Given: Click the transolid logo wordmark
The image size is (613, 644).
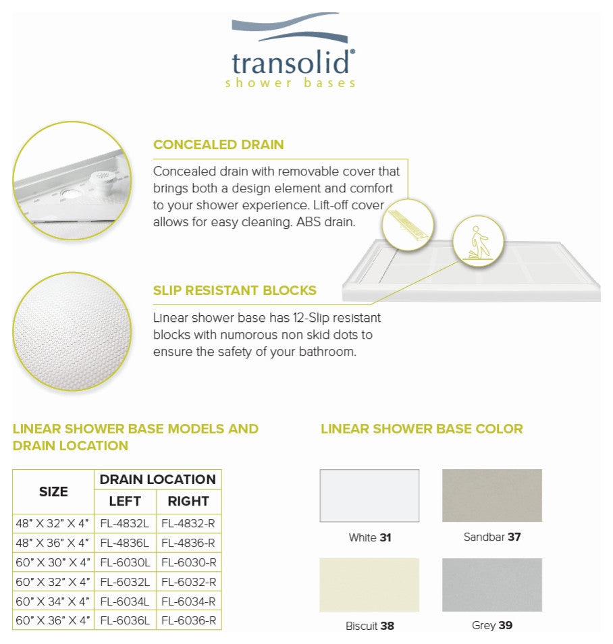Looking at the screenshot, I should point(292,62).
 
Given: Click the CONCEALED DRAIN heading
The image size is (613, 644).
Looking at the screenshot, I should point(218,144).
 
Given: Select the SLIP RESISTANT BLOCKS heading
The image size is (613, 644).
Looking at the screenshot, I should point(234,291).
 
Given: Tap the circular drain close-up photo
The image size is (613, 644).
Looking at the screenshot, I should point(72,180).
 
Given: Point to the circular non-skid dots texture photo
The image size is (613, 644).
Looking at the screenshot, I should point(72,331).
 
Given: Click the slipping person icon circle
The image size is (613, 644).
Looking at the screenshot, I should point(479,242).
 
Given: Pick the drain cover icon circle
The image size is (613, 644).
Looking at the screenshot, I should point(407,225).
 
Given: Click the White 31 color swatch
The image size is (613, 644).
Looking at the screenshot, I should point(369,495).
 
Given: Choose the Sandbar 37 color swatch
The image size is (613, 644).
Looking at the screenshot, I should point(491,495).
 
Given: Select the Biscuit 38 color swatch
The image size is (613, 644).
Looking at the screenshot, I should point(369,585).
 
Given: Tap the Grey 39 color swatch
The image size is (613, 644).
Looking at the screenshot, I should point(491,585).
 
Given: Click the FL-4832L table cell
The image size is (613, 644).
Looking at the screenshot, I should point(125,523).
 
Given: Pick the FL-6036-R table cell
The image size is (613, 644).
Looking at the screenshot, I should point(188,620).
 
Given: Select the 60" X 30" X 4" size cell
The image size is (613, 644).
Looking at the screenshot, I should point(53,562).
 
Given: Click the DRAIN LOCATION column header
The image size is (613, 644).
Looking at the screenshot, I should point(157,480).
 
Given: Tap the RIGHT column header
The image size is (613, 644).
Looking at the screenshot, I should point(188,502).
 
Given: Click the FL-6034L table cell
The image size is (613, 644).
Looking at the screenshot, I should point(125,601).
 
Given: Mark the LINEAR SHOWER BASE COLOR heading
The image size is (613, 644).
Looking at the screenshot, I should point(421,429).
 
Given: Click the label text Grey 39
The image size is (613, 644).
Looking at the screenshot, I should point(491,626).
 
